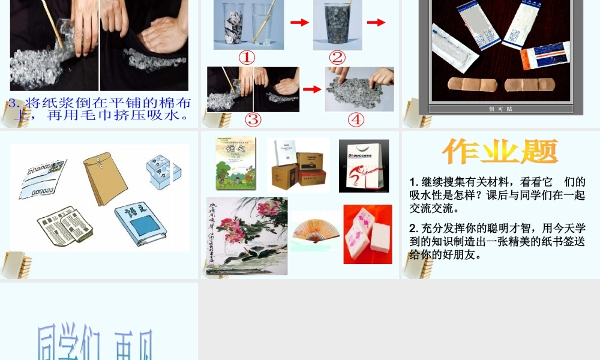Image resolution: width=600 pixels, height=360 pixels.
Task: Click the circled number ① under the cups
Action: [247, 58]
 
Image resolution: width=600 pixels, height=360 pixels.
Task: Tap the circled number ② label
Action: [337, 58]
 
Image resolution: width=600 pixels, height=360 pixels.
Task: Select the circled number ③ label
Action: [253, 119]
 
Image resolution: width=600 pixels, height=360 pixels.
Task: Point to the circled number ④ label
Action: [356, 119]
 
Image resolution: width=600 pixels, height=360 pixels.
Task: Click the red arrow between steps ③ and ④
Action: [312, 89]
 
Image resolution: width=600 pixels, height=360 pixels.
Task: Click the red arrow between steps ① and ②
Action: [299, 22]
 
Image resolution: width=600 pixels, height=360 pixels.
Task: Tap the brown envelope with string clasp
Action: [104, 177]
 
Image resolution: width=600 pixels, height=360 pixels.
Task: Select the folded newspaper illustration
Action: [65, 227]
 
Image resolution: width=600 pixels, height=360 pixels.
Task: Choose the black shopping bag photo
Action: [364, 166]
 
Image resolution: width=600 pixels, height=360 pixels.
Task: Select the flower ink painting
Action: [247, 236]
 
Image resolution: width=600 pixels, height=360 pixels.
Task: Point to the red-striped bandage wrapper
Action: [544, 56]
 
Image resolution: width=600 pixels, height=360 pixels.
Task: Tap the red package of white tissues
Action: [367, 234]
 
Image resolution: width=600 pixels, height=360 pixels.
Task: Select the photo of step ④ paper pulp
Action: [359, 89]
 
